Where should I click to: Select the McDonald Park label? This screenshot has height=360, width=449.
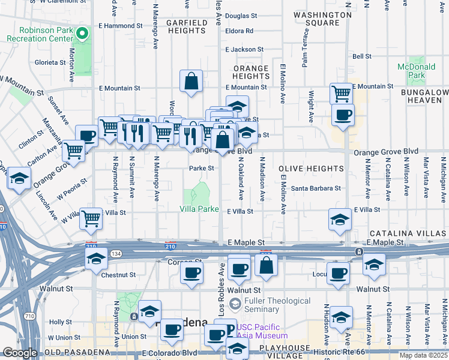pos(411,71)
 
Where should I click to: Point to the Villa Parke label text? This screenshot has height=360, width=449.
pos(199,209)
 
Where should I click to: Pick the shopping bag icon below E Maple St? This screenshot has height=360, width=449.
pos(266,265)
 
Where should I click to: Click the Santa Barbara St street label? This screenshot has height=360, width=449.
pos(316,188)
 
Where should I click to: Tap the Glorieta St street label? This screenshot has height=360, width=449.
pos(50,62)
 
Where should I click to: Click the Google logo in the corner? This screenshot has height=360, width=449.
pos(20,353)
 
